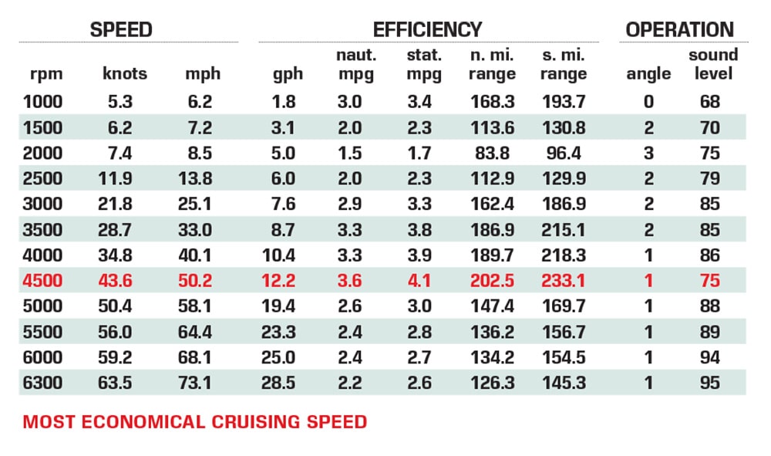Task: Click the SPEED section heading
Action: tap(121, 30)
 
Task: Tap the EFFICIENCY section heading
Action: tap(427, 30)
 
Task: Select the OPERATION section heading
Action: tap(679, 30)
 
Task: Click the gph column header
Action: tap(288, 74)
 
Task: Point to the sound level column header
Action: tap(712, 65)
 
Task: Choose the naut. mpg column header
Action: tap(355, 65)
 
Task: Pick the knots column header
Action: tap(124, 74)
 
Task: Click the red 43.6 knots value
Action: tap(116, 281)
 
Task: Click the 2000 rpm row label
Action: tap(43, 153)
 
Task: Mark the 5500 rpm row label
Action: tap(43, 332)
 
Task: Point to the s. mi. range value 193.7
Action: tap(564, 101)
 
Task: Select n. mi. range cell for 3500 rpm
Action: tap(492, 230)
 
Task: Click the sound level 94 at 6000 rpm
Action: tap(710, 358)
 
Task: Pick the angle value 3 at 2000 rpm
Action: tap(648, 153)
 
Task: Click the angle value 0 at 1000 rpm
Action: tap(648, 101)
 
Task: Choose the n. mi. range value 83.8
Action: tap(492, 153)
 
